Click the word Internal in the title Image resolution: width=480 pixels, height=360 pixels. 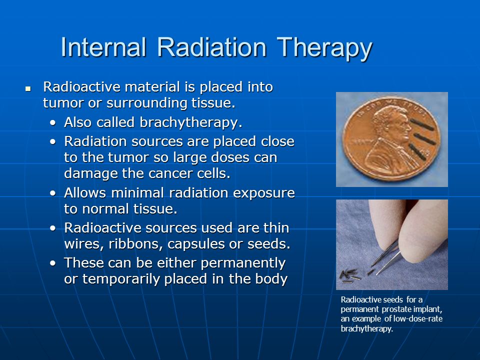click(103, 47)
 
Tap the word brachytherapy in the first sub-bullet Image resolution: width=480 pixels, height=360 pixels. click(191, 122)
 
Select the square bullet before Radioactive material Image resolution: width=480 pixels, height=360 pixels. click(28, 89)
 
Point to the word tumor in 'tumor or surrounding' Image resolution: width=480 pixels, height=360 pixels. click(63, 103)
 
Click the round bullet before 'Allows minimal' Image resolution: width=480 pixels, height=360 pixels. click(53, 193)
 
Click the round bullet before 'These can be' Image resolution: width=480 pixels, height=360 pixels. click(53, 263)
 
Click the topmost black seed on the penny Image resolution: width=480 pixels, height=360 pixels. click(422, 124)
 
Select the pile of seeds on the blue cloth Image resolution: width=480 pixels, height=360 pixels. click(350, 275)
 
